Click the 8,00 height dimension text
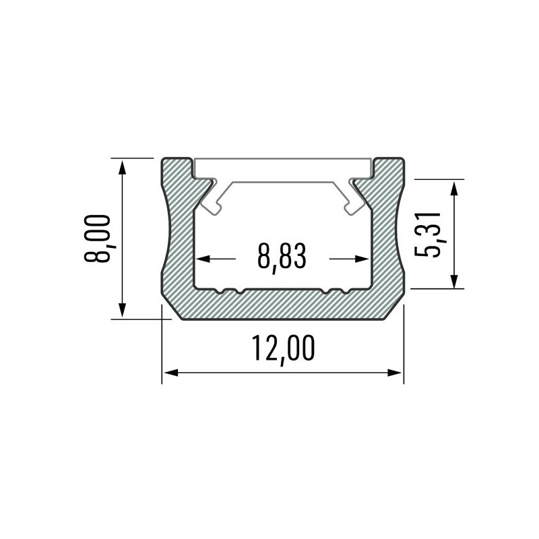(x=98, y=239)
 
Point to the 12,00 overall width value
(x=283, y=349)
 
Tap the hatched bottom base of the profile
(x=283, y=305)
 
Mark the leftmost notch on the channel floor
(x=220, y=291)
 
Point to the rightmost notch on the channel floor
(x=345, y=291)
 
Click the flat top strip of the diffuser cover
(x=283, y=169)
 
